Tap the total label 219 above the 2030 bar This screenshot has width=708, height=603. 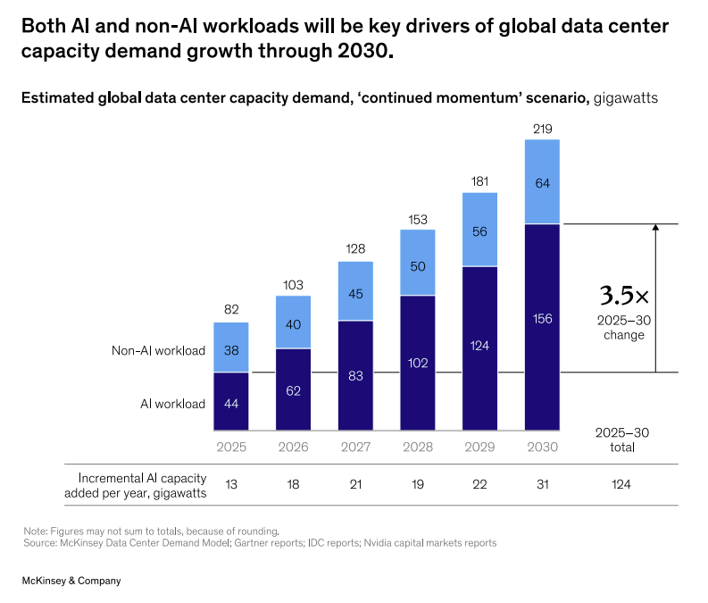[542, 130]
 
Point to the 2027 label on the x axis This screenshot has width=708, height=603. [355, 447]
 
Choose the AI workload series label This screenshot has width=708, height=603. [173, 404]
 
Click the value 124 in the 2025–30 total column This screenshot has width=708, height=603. [621, 484]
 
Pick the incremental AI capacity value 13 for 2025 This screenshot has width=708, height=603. [231, 484]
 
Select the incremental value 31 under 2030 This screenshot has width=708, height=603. [542, 484]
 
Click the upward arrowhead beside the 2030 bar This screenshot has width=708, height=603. [655, 229]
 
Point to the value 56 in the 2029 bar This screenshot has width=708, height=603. [479, 230]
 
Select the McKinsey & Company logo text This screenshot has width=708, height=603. [71, 581]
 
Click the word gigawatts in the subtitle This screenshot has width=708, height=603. [625, 98]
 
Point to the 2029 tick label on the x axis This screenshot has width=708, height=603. [479, 447]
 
